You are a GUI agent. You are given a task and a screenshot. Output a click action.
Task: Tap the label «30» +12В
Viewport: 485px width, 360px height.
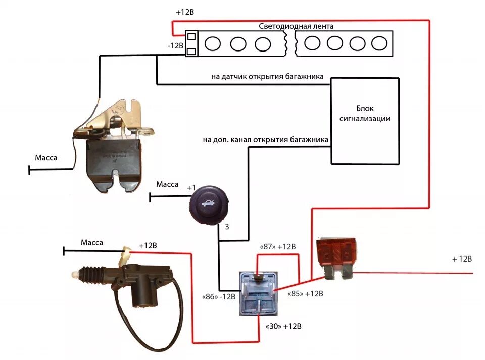pyautogui.click(x=283, y=326)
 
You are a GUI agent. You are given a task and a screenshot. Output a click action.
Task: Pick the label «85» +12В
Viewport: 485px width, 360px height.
pyautogui.click(x=305, y=293)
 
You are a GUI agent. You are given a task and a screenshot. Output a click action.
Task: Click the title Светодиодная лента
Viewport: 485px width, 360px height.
pyautogui.click(x=296, y=26)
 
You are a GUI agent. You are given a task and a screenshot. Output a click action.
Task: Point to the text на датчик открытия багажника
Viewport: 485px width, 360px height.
pyautogui.click(x=271, y=78)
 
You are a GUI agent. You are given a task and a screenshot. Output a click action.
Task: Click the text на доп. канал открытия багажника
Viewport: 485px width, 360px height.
pyautogui.click(x=266, y=139)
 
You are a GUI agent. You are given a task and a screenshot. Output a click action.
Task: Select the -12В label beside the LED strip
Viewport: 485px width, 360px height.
pyautogui.click(x=175, y=45)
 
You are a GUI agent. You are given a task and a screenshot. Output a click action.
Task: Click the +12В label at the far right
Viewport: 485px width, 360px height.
pyautogui.click(x=462, y=259)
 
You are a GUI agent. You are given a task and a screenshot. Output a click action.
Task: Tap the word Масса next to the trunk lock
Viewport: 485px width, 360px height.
pyautogui.click(x=46, y=158)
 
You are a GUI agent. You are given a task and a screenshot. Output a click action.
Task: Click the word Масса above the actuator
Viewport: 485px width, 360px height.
pyautogui.click(x=92, y=243)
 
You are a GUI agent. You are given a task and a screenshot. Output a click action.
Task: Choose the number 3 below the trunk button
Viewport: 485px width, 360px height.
pyautogui.click(x=227, y=227)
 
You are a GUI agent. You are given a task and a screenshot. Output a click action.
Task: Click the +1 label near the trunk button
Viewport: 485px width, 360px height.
pyautogui.click(x=191, y=188)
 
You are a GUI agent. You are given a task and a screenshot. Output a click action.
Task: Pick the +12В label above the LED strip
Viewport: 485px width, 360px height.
pyautogui.click(x=184, y=11)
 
